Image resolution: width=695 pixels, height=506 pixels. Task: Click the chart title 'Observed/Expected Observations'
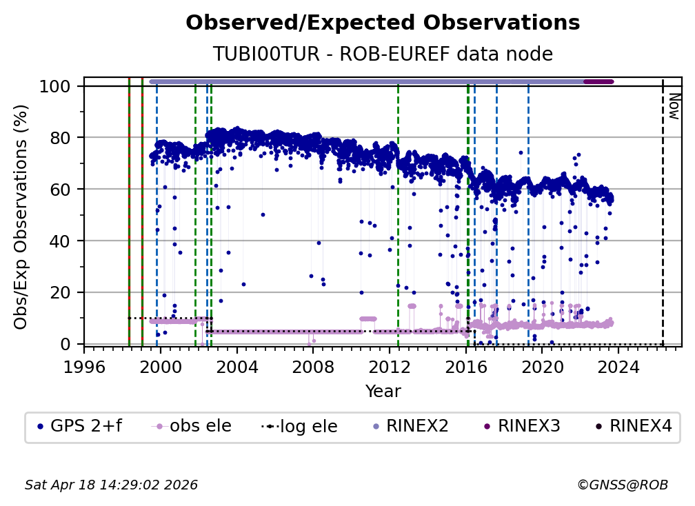[383, 23]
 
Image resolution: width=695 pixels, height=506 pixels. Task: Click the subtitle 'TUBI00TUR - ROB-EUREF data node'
[383, 54]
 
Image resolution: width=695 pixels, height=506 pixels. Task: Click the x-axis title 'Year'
[383, 392]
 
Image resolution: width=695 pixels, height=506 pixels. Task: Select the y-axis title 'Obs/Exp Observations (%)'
[21, 216]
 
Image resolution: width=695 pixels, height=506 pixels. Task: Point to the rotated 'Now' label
[674, 107]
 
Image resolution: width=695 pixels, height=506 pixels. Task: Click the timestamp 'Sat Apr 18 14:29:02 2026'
[111, 485]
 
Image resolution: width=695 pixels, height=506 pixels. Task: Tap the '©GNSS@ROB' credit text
[622, 485]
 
